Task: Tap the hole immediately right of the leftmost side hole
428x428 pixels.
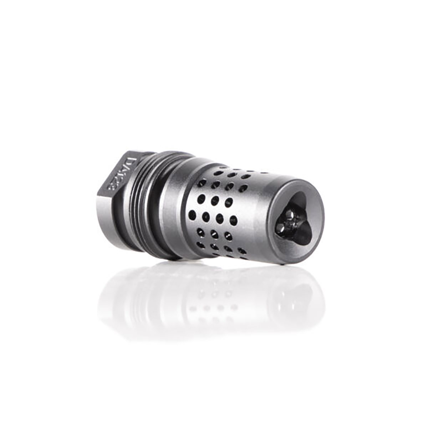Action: [x=206, y=216]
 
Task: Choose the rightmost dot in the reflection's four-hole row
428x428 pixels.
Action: [x=234, y=307]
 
